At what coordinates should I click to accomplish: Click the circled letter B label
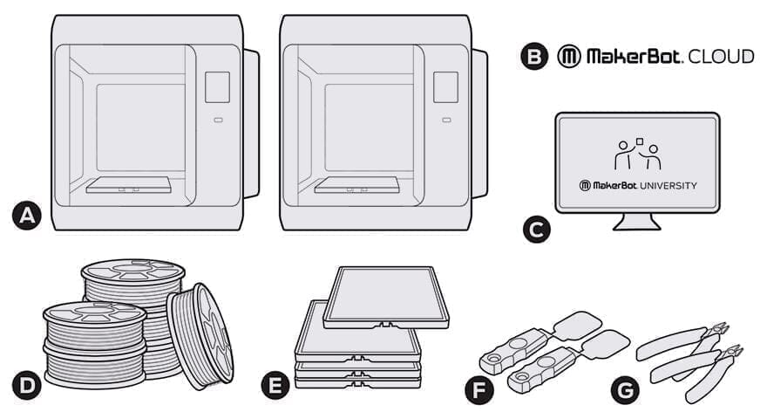[x=533, y=57]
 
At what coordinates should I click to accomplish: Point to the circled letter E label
[x=276, y=385]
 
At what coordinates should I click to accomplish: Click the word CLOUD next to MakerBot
[x=720, y=57]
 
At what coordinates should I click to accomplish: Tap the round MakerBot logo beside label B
[x=568, y=57]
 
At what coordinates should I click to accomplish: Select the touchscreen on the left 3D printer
[x=217, y=87]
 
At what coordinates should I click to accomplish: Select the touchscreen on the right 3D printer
[x=445, y=87]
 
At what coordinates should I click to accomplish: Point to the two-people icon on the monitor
[x=638, y=155]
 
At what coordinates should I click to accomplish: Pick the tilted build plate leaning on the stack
[x=385, y=298]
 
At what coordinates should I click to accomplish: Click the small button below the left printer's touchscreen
[x=217, y=120]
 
